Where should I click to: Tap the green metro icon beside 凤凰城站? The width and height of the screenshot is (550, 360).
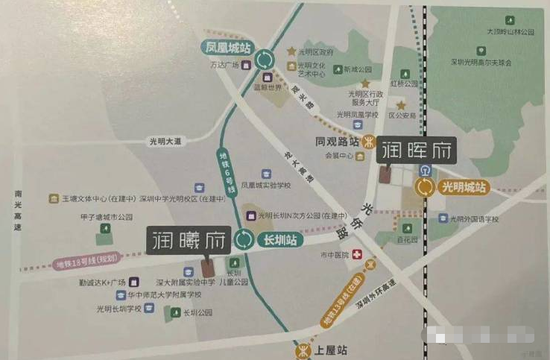click(x=264, y=59)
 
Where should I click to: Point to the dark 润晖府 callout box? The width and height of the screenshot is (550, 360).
click(x=416, y=152)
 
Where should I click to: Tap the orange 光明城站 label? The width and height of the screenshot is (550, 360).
click(x=463, y=187)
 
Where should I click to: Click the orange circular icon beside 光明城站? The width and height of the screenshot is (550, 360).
click(x=426, y=187)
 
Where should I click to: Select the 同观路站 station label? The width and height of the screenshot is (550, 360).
click(x=337, y=142)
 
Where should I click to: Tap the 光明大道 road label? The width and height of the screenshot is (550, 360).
click(x=165, y=141)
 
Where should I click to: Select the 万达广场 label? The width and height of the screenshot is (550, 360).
click(x=224, y=66)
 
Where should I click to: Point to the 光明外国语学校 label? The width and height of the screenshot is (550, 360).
click(x=473, y=219)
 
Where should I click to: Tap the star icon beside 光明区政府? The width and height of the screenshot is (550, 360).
click(x=291, y=51)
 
